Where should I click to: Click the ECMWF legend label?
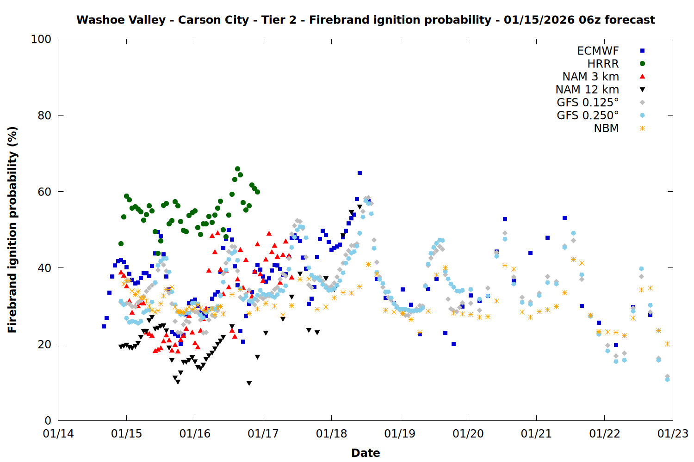598,51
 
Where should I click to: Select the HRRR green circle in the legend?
642,64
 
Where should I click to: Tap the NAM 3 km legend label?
590,77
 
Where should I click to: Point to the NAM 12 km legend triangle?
642,90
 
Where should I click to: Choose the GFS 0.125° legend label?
588,103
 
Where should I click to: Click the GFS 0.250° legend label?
588,115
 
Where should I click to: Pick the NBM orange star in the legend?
642,128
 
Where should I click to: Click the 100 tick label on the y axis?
41,39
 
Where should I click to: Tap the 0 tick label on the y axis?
48,420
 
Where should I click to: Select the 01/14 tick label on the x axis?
58,434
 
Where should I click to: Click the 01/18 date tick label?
331,434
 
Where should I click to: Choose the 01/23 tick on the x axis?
673,434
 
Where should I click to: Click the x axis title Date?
366,453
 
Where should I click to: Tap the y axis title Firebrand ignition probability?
12,230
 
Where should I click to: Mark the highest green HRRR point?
237,169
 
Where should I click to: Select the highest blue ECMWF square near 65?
359,173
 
